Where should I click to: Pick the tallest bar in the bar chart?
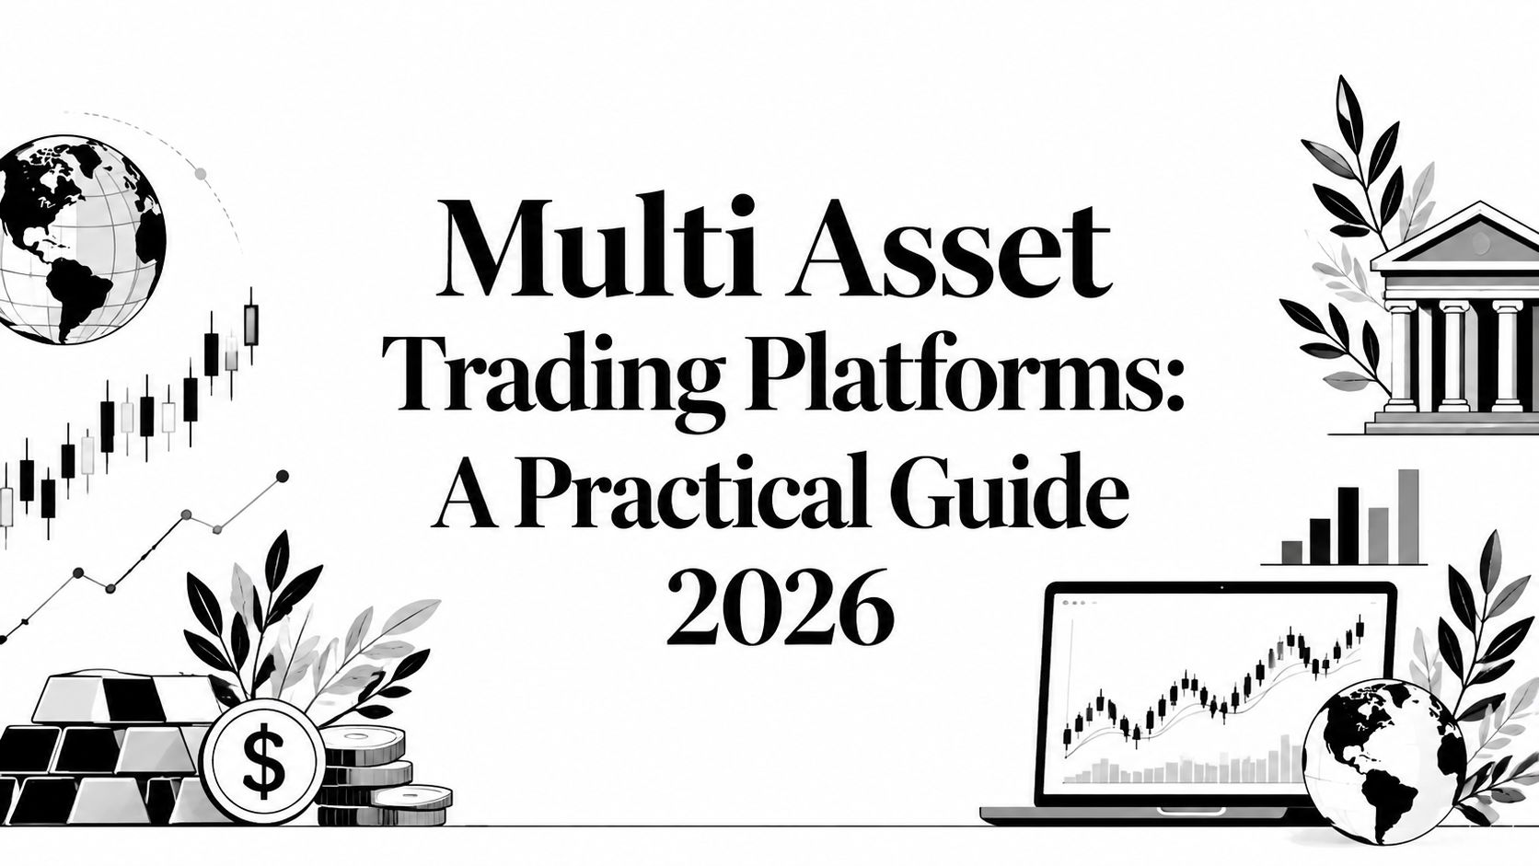pyautogui.click(x=1408, y=515)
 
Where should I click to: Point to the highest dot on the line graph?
pyautogui.click(x=282, y=476)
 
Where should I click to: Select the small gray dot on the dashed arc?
pyautogui.click(x=201, y=174)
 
